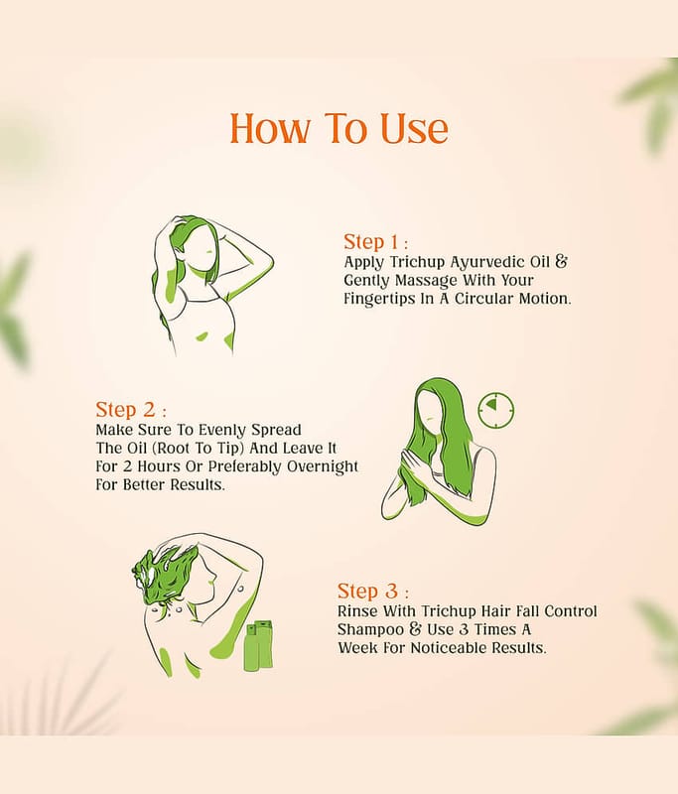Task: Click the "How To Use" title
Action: (x=339, y=128)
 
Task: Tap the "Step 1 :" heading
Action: (x=375, y=242)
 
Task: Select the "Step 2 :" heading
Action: (x=131, y=409)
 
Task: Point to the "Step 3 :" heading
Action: (x=372, y=591)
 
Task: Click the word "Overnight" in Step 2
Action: (x=322, y=466)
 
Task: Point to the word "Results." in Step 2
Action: (x=197, y=484)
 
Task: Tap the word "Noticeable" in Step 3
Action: (x=449, y=648)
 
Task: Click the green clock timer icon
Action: (x=496, y=409)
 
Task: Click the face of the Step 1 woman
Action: (x=202, y=249)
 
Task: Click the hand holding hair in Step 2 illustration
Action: (x=411, y=460)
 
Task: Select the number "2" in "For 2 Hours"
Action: (x=128, y=466)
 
